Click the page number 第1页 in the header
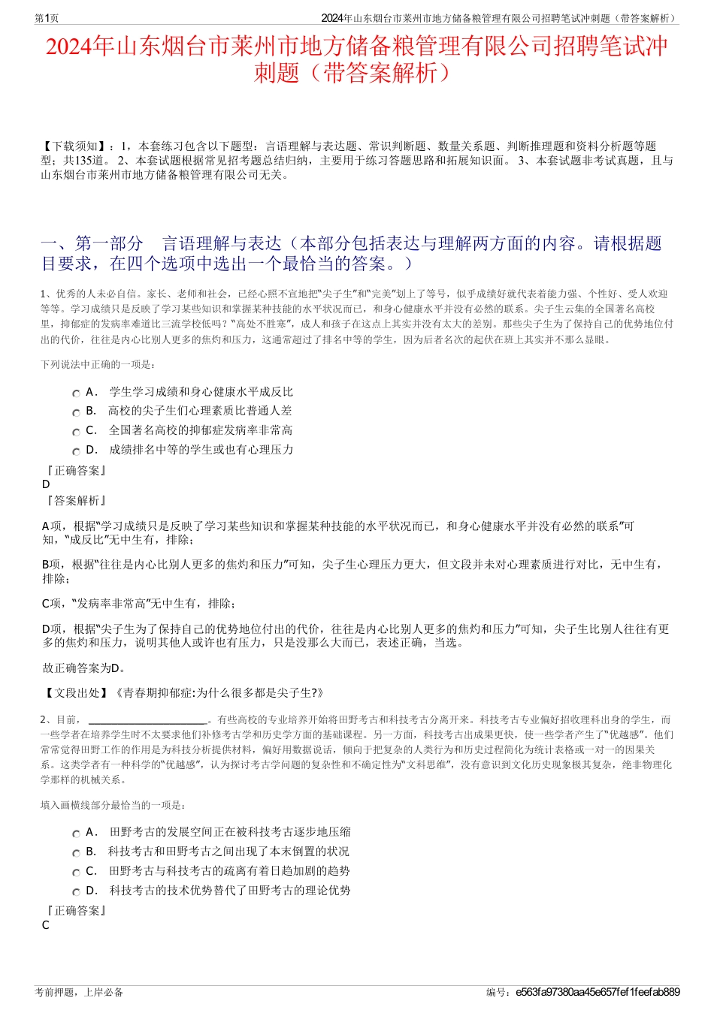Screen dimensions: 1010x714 (x=47, y=18)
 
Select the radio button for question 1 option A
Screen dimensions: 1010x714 (x=76, y=393)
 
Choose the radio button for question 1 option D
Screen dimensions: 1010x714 (x=76, y=451)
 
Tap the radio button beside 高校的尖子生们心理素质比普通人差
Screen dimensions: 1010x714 (x=76, y=412)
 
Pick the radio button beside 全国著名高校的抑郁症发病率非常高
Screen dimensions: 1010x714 (x=76, y=432)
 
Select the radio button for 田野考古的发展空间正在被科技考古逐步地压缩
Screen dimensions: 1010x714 (x=76, y=834)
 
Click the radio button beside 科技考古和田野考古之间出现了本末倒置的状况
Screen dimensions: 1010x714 (x=76, y=853)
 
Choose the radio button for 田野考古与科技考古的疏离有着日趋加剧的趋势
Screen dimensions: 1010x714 (x=76, y=873)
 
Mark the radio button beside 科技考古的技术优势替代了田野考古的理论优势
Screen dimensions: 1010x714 (x=76, y=892)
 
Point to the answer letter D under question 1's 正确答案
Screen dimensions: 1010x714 (x=47, y=484)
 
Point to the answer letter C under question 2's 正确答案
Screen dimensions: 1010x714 (x=46, y=925)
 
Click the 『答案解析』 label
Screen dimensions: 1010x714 (x=76, y=500)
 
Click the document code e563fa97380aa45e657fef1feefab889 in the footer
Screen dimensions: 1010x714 (x=598, y=992)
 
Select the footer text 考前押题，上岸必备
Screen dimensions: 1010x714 (x=79, y=992)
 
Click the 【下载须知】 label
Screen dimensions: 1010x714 (x=74, y=146)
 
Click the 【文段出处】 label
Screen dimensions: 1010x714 (x=77, y=693)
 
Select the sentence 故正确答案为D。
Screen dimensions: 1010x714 (x=85, y=668)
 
